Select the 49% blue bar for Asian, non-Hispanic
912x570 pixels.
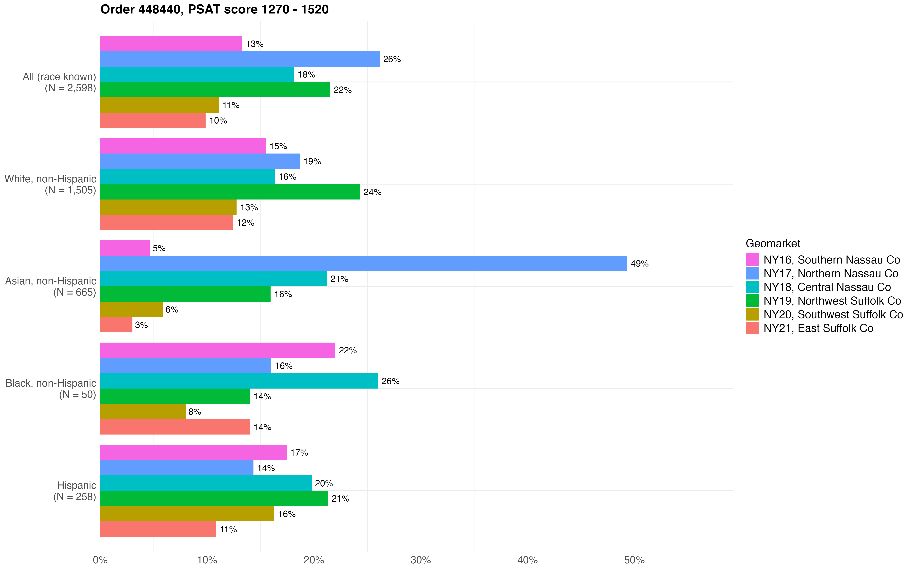363,263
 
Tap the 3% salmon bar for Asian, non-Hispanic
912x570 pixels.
116,325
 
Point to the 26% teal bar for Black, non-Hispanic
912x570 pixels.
239,381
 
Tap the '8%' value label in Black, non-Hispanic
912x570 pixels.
195,412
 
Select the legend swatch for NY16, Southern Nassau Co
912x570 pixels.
752,260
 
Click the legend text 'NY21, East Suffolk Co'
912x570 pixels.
818,328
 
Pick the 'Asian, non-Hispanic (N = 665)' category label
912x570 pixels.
51,287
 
